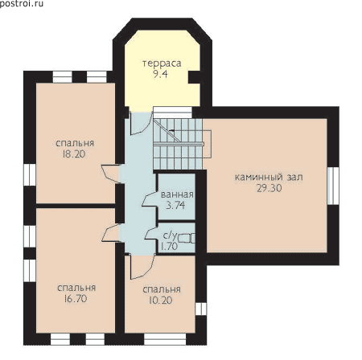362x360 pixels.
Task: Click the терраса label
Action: point(162,63)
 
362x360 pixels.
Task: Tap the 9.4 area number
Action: point(160,74)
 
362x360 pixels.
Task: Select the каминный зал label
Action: point(269,178)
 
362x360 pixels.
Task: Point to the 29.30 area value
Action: point(269,188)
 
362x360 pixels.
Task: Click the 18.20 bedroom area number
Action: point(74,154)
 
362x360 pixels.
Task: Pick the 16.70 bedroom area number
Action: point(76,299)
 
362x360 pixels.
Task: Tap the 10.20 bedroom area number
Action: point(161,301)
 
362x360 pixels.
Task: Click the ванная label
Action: point(177,194)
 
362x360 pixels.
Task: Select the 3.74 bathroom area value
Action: point(175,205)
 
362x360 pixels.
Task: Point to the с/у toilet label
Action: point(171,235)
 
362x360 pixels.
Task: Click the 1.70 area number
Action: point(169,246)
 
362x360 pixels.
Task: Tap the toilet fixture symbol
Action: point(187,238)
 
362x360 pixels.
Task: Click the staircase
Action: point(178,144)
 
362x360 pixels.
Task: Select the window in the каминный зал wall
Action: point(333,186)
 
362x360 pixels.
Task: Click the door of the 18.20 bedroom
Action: point(111,174)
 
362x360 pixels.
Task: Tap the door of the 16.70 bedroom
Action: point(111,233)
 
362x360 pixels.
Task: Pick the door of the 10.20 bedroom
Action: point(142,268)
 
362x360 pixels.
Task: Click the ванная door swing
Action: point(149,199)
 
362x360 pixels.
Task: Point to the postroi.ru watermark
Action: point(22,3)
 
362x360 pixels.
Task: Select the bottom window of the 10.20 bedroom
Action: point(165,339)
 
